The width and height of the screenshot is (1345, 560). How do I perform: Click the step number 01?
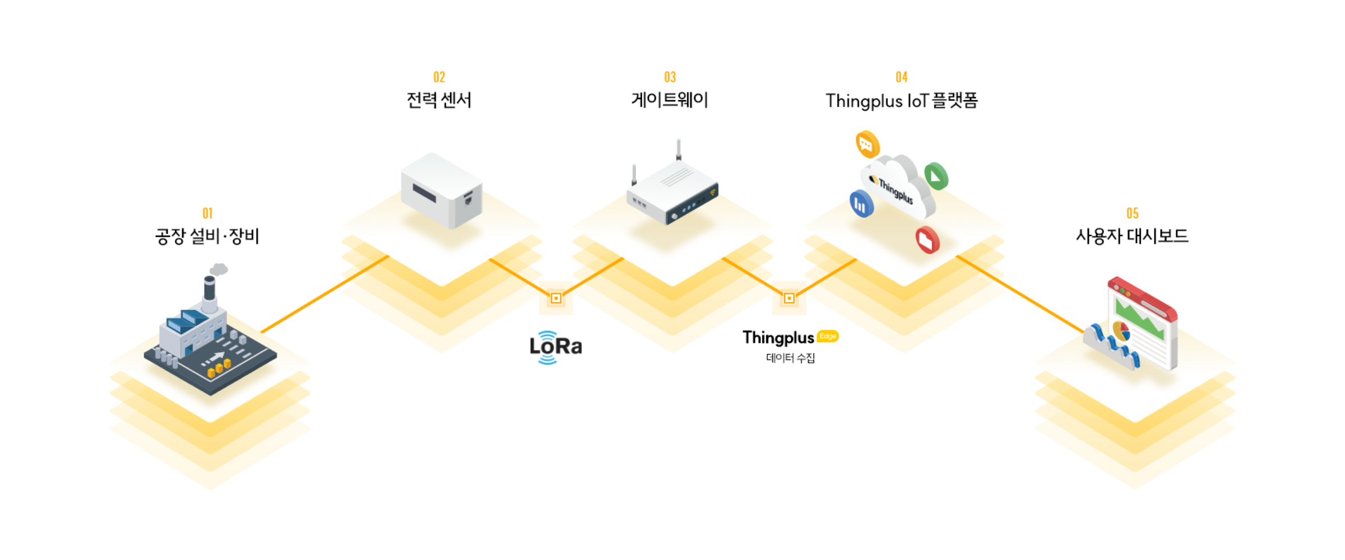(x=207, y=213)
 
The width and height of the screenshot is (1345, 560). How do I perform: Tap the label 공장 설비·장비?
(x=207, y=236)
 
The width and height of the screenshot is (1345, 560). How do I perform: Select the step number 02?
(x=439, y=77)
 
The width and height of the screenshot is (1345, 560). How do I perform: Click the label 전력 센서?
(x=439, y=100)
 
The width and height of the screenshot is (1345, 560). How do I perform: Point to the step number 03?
(x=670, y=77)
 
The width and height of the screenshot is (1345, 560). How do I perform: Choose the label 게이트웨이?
(x=670, y=100)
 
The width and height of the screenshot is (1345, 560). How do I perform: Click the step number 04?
(x=902, y=77)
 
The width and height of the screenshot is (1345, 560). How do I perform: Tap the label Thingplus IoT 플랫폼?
(x=902, y=101)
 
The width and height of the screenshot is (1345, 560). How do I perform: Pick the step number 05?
(x=1133, y=213)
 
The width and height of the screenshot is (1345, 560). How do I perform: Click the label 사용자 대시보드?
(x=1133, y=236)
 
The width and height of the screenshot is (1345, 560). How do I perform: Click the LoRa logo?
(x=556, y=347)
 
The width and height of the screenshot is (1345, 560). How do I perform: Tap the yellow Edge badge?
(x=828, y=336)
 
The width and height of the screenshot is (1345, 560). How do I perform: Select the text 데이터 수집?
(x=791, y=358)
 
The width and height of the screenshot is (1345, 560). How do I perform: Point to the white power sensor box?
(x=442, y=190)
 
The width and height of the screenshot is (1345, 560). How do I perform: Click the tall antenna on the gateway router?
(x=679, y=150)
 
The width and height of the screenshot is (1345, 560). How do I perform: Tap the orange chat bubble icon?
(x=868, y=144)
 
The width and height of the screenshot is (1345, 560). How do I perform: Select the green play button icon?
(x=936, y=176)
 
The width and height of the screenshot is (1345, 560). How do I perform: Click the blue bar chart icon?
(x=861, y=204)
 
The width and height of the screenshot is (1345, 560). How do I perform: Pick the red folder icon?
(x=927, y=240)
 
